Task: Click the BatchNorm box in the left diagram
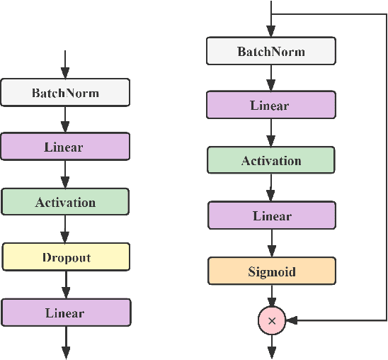click(65, 93)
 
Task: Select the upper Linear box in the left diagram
click(64, 147)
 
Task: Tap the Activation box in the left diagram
click(65, 202)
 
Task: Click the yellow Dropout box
click(65, 257)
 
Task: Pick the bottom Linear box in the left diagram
click(65, 313)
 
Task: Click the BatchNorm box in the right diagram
click(270, 52)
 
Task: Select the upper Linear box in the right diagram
click(270, 106)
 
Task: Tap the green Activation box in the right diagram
click(271, 161)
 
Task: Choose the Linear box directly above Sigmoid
click(271, 216)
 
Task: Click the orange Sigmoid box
click(271, 271)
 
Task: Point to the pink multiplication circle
click(271, 320)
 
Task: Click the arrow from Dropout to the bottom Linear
click(65, 284)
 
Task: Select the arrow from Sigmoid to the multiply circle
click(271, 296)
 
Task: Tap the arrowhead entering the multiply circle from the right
click(292, 320)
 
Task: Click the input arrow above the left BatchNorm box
click(65, 64)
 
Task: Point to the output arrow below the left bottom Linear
click(65, 342)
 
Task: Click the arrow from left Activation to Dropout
click(65, 229)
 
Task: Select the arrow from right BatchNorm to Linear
click(270, 78)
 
